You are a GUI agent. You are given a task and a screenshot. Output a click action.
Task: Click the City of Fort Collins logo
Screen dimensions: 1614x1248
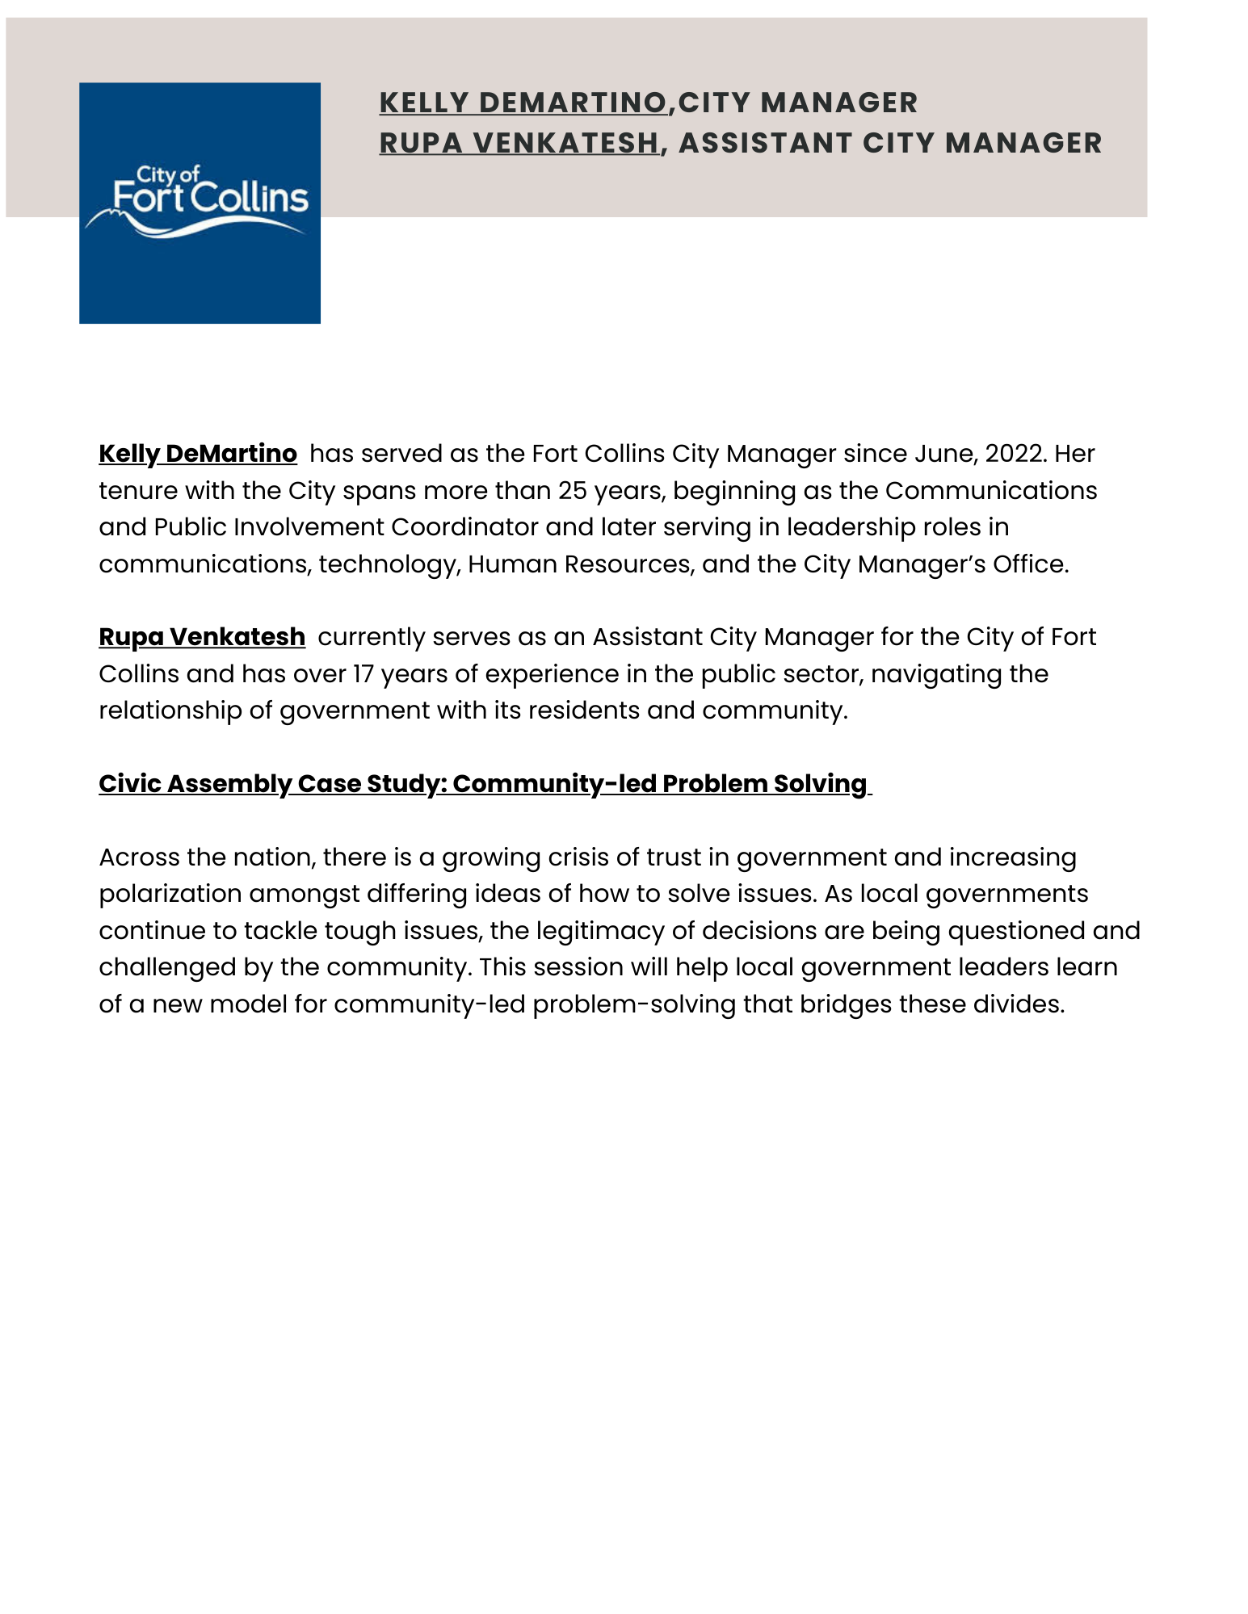click(x=200, y=203)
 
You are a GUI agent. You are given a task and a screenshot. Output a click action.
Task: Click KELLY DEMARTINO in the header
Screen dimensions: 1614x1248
click(x=523, y=103)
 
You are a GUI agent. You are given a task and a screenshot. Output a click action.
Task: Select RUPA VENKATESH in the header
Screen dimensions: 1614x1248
click(x=519, y=143)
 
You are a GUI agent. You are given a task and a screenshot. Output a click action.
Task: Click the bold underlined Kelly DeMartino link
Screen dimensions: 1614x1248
click(x=198, y=454)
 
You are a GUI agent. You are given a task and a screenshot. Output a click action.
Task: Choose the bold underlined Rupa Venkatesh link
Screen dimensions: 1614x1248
click(x=202, y=637)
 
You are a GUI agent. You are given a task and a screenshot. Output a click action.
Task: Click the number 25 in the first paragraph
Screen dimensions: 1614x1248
click(x=572, y=491)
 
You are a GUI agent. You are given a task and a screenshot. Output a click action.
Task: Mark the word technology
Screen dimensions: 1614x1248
click(x=388, y=564)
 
